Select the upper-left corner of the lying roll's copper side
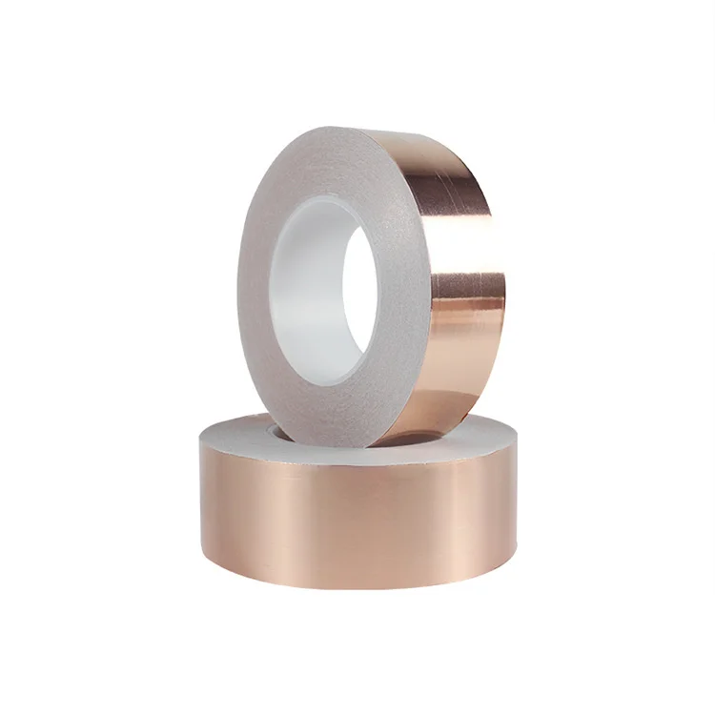[202, 448]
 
